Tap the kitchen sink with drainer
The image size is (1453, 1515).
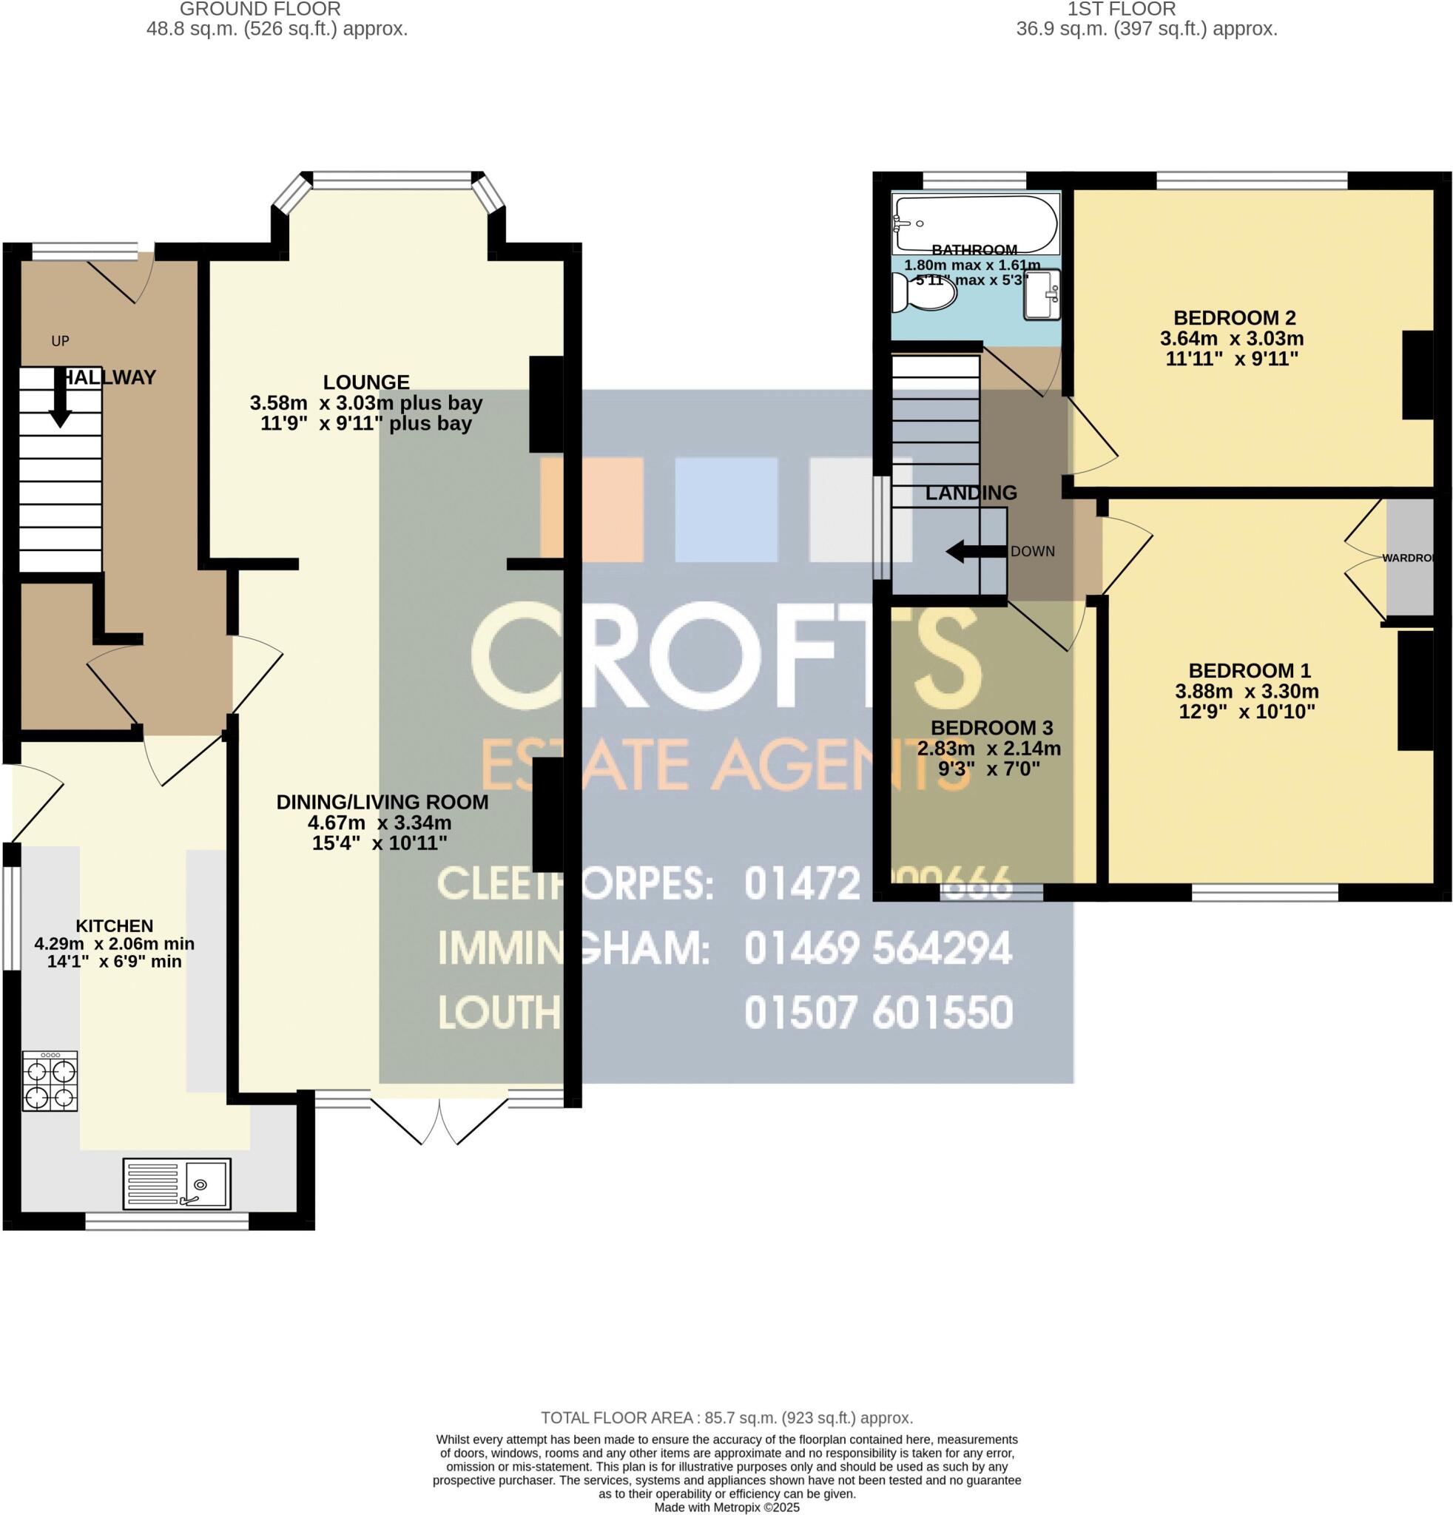coord(177,1184)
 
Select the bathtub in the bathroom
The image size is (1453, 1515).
coord(975,223)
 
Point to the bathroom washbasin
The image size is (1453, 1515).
coord(1042,294)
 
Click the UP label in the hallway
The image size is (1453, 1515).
coord(60,341)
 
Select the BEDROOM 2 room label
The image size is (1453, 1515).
coord(1234,317)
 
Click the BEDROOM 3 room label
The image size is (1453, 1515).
coord(991,727)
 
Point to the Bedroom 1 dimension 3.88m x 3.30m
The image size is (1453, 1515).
coord(1247,691)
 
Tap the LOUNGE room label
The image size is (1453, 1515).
coord(365,382)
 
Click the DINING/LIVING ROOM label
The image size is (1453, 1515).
coord(382,803)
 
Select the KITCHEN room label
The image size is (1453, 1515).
coord(115,925)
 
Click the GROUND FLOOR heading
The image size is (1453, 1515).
coord(260,10)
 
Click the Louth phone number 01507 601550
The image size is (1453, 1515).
coord(878,1013)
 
